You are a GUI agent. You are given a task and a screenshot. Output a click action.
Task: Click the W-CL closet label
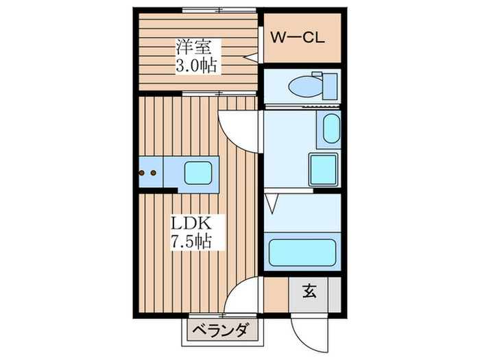click(x=297, y=38)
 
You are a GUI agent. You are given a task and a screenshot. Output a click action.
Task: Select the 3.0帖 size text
click(x=197, y=65)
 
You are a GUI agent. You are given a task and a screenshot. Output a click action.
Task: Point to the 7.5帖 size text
click(x=191, y=241)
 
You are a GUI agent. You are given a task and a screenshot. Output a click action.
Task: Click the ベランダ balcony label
click(x=220, y=331)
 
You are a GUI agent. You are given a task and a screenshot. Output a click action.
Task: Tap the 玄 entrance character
click(x=309, y=291)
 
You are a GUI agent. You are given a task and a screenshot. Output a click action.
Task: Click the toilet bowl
click(x=306, y=86)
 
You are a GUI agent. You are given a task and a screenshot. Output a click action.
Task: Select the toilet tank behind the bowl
click(x=331, y=86)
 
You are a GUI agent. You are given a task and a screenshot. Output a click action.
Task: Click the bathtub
click(x=302, y=252)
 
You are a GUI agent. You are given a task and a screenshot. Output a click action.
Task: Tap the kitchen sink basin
click(x=198, y=173)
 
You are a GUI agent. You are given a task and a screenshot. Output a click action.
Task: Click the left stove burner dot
click(x=142, y=173)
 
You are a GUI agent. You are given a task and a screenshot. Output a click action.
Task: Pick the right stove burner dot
click(x=154, y=173)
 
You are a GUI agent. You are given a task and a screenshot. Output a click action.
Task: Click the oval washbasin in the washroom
click(x=331, y=129)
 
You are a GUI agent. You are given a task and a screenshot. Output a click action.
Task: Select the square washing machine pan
click(x=324, y=169)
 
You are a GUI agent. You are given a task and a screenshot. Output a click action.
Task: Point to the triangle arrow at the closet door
click(x=251, y=57)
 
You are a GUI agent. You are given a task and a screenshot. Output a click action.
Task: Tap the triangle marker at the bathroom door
click(x=272, y=204)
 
